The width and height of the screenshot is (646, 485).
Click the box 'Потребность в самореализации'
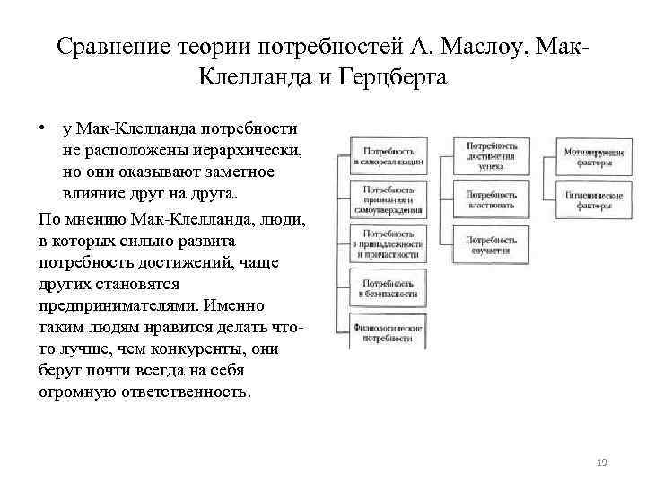(388, 156)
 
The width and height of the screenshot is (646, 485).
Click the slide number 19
(601, 463)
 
